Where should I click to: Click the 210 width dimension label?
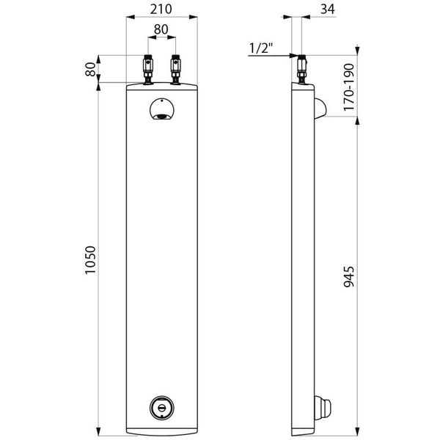161,10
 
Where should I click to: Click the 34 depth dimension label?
328,10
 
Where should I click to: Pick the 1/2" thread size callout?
260,48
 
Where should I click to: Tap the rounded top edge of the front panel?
161,85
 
